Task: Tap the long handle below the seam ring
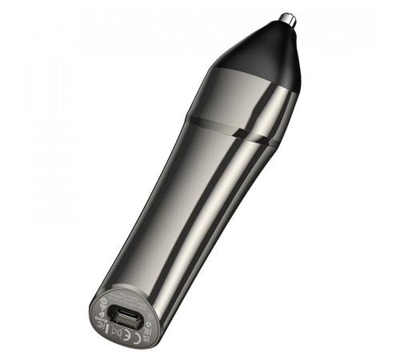click(184, 208)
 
